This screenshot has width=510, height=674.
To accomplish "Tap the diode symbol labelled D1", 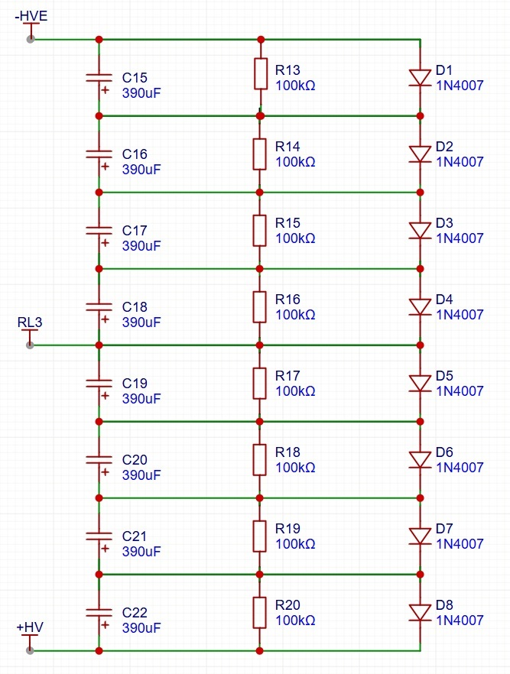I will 420,77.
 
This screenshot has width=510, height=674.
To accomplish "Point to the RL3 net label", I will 30,322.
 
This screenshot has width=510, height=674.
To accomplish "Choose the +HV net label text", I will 30,627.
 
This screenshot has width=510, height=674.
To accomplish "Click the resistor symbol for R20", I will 260,611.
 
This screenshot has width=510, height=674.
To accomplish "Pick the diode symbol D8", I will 420,612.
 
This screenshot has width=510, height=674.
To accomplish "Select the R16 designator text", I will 287,300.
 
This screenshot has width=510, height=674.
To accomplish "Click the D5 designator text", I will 444,376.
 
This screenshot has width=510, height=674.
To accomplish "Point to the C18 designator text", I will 135,307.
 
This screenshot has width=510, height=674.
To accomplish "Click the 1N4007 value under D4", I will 460,315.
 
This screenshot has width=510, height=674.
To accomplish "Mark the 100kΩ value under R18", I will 295,468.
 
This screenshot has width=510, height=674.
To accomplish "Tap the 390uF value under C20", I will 141,475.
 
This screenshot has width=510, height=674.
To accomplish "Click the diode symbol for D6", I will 420,459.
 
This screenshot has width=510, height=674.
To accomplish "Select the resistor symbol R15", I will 260,229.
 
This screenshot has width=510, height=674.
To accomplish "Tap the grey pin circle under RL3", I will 30,345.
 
